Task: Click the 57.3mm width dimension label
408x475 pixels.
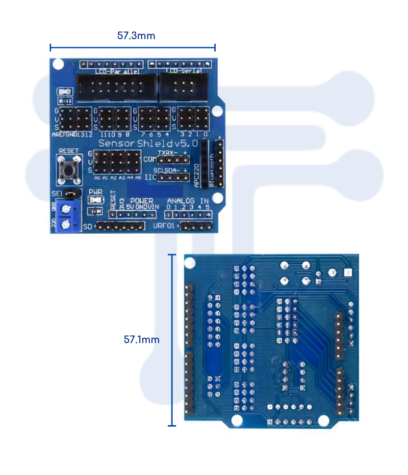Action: point(136,36)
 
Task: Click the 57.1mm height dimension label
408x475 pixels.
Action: point(142,339)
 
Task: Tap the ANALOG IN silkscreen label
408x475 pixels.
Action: point(188,201)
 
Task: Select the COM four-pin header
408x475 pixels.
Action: point(173,159)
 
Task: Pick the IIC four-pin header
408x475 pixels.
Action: point(173,178)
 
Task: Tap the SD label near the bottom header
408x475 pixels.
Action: point(87,226)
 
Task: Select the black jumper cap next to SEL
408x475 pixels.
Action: point(72,193)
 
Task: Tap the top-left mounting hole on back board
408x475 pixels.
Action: point(190,263)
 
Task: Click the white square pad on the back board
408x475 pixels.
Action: point(347,273)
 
